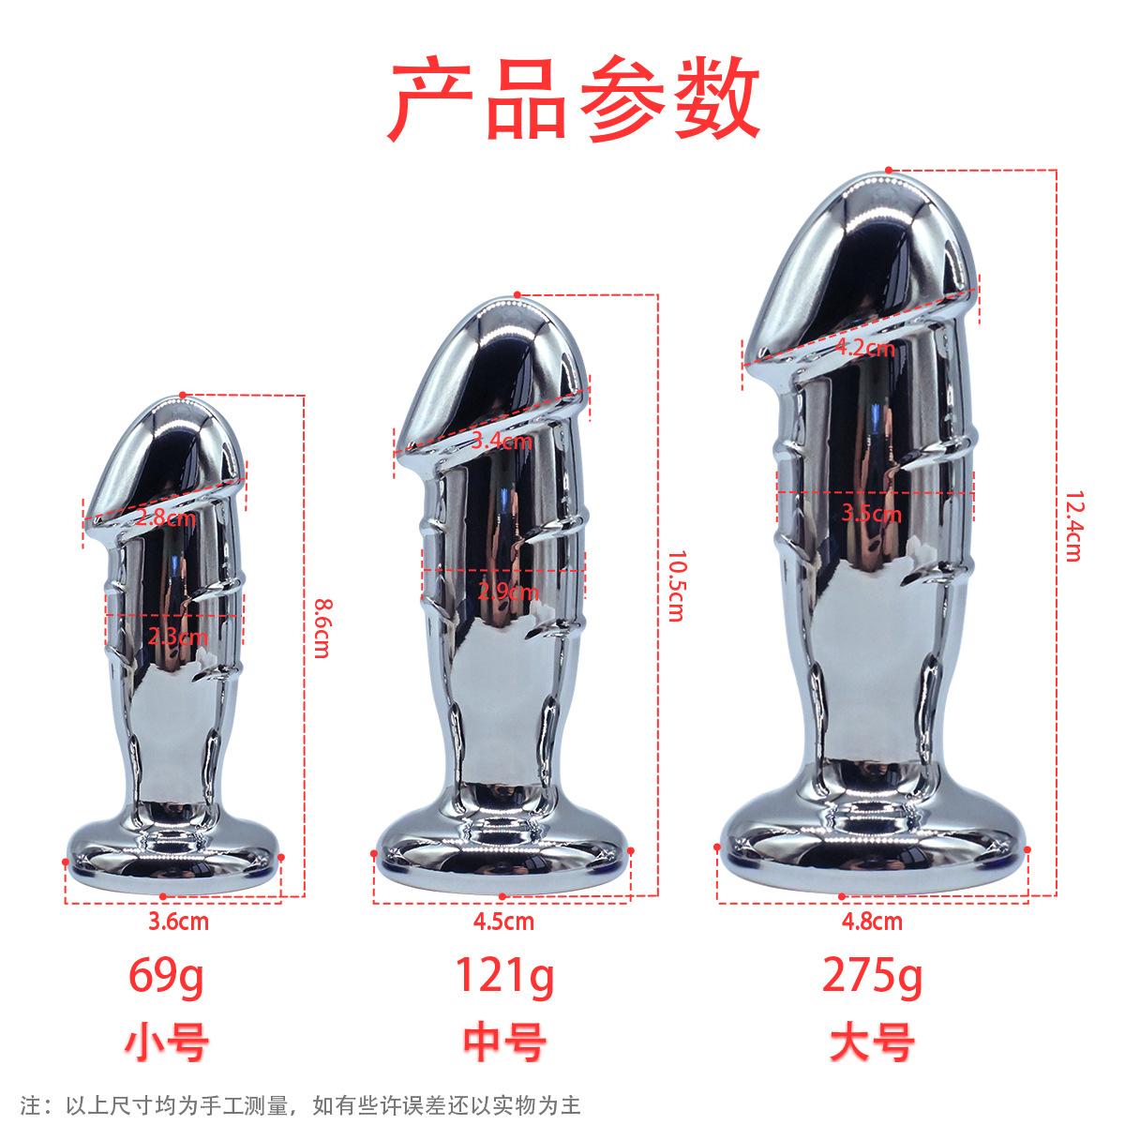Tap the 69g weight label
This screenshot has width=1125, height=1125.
(165, 977)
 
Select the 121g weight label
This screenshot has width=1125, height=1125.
(504, 977)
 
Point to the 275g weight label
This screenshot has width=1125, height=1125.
(872, 977)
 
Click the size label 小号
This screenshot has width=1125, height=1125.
(165, 1042)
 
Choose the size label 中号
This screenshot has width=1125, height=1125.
(504, 1042)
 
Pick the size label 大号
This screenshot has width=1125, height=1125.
(872, 1042)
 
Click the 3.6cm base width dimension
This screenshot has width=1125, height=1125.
(178, 922)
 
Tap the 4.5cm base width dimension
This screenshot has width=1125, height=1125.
(504, 922)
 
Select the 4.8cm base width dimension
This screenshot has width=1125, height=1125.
(872, 922)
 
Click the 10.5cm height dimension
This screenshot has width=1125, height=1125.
(673, 586)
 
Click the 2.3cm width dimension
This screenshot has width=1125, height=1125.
(178, 637)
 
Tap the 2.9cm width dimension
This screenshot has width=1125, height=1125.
(508, 592)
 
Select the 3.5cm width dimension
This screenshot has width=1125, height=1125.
(872, 513)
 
